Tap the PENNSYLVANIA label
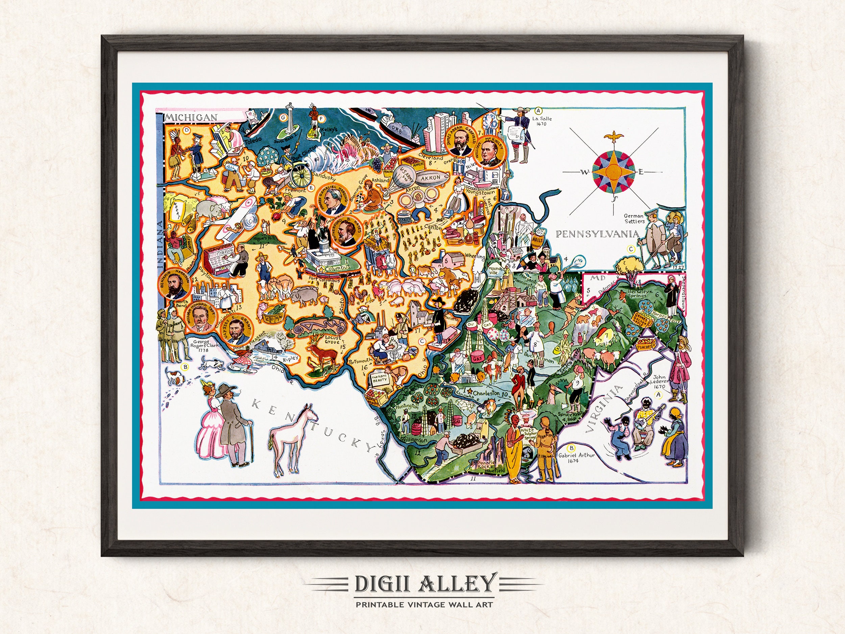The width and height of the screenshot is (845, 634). tap(598, 234)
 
